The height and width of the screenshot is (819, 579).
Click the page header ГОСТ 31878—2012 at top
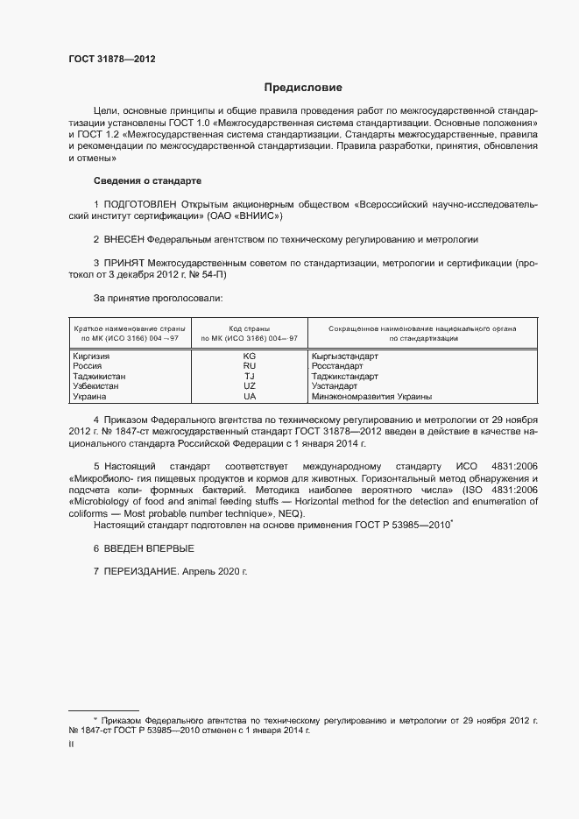point(112,59)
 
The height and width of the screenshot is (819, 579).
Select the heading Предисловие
point(303,88)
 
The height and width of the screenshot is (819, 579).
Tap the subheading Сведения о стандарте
point(147,180)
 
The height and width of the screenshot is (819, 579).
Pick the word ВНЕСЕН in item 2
point(124,238)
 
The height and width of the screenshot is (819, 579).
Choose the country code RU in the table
point(250,366)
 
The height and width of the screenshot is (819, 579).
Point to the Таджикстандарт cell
point(344,376)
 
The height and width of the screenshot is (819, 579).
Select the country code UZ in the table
point(250,385)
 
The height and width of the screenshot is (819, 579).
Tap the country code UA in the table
point(250,396)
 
